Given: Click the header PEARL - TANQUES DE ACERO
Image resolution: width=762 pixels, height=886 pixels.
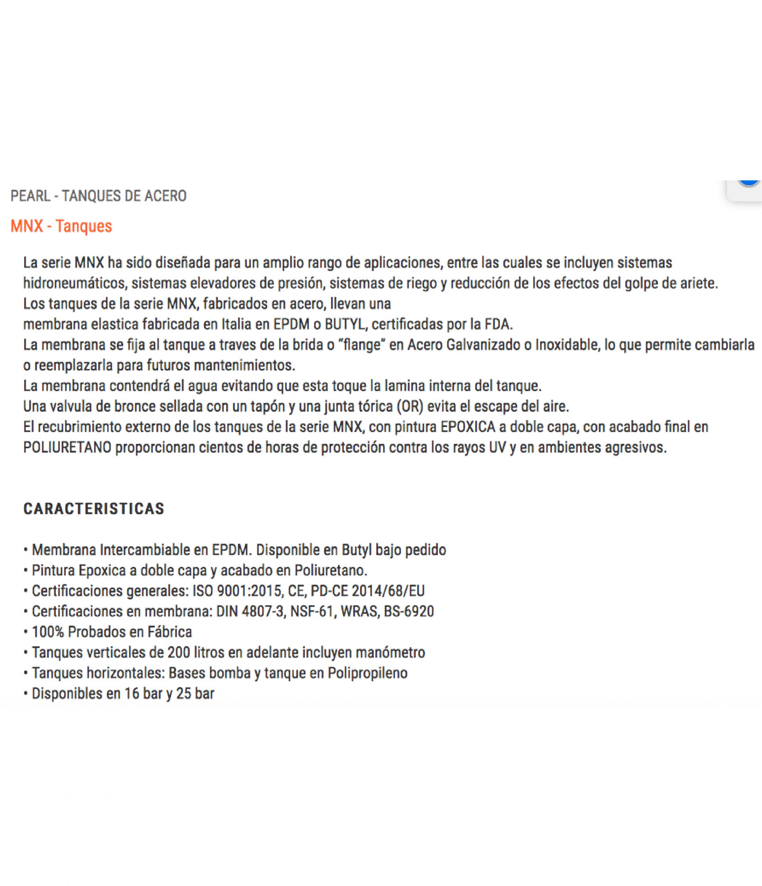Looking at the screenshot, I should (x=98, y=196).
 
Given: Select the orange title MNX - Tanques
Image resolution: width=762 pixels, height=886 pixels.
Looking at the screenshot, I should (x=61, y=226).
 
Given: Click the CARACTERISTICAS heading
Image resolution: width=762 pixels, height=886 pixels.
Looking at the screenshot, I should (x=94, y=509).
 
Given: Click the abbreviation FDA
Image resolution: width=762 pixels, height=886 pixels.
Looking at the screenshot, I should (x=498, y=324).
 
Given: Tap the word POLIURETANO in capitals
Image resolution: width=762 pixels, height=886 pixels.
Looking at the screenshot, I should (x=67, y=447).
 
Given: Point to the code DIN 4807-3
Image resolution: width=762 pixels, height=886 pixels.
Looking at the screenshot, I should (x=250, y=612).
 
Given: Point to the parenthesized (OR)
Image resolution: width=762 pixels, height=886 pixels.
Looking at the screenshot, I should (x=410, y=406).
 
